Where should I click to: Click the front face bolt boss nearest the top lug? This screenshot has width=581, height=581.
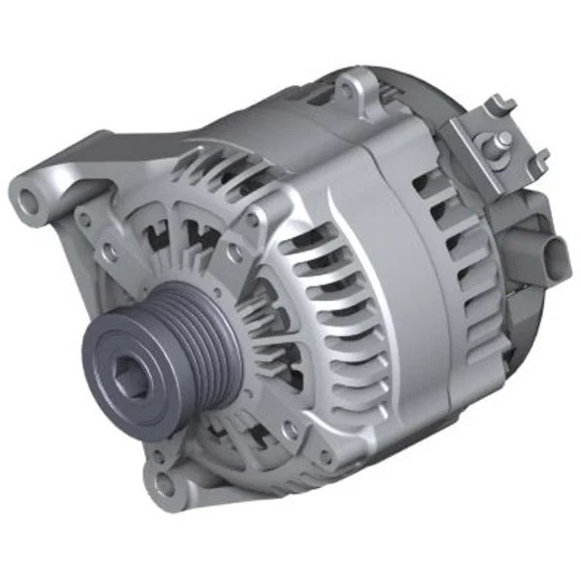tap(254, 218)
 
